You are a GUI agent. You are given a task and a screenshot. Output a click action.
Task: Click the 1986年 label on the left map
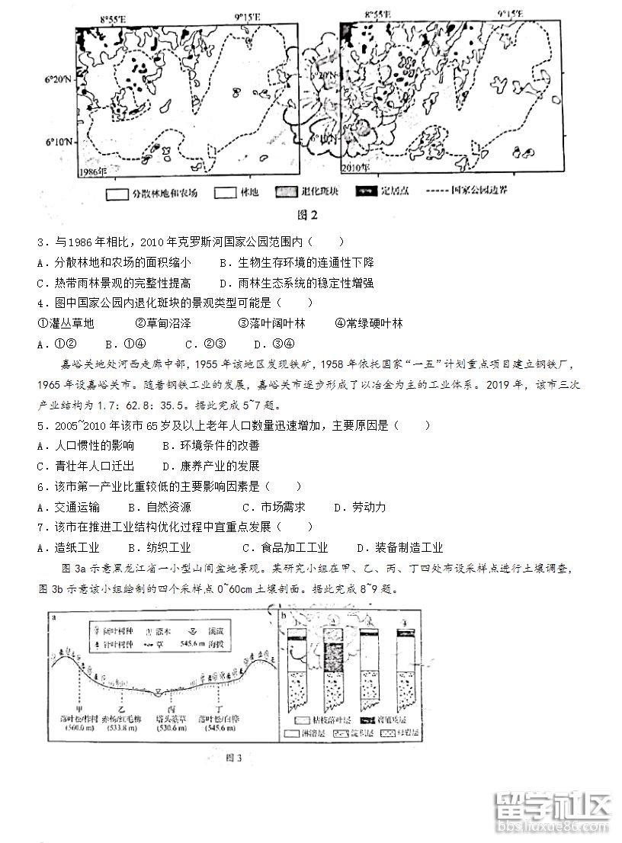94,171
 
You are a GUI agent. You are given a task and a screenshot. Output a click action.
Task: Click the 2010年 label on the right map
354,167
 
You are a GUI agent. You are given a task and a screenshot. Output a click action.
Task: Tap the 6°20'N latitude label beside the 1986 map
58,79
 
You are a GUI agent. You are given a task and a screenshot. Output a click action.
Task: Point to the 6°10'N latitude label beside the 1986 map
58,142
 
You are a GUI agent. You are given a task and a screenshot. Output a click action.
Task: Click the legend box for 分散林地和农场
117,193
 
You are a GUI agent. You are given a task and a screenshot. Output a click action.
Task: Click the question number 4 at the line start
40,303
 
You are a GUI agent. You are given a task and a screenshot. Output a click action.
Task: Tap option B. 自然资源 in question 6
159,507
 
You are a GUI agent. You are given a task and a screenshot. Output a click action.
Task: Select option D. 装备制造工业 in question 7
399,547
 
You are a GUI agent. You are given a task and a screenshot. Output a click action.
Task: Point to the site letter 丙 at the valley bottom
159,706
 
